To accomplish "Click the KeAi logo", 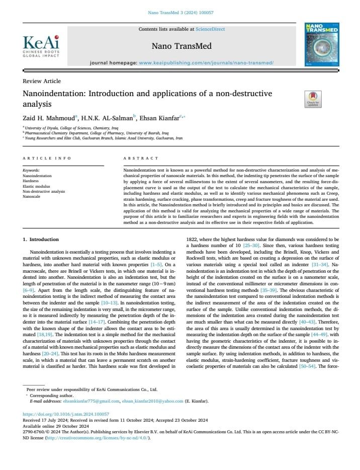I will coord(41,46).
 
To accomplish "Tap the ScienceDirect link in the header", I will coord(210,30).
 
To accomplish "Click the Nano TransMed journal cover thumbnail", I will coord(321,45).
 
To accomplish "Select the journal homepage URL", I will coord(206,63).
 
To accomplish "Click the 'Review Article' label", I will coord(42,81).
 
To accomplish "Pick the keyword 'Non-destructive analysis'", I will coord(44,191).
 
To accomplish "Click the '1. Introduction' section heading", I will coord(41,239).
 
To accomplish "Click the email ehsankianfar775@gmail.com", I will coord(95,401).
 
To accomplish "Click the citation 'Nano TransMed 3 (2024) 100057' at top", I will coord(180,12).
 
